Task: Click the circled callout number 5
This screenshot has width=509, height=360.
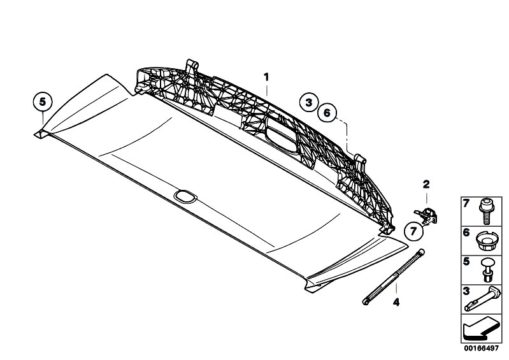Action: tap(43, 101)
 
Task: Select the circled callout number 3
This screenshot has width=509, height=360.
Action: tap(308, 102)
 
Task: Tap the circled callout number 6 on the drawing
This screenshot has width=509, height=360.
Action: tap(326, 113)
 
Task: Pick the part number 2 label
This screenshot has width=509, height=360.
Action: tap(426, 185)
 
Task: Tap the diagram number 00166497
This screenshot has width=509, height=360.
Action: tap(480, 348)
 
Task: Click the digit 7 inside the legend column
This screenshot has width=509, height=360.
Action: tap(465, 204)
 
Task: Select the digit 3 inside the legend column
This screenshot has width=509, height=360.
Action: tap(465, 291)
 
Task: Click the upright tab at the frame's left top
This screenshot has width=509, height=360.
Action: tap(190, 67)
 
